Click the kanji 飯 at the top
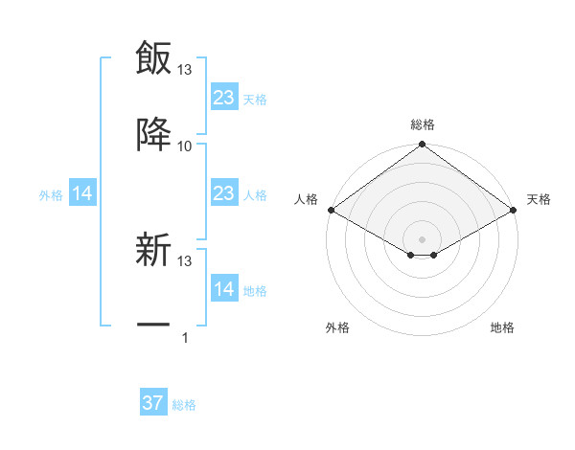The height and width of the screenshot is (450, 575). pyautogui.click(x=153, y=57)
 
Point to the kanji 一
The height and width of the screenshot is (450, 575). pyautogui.click(x=153, y=326)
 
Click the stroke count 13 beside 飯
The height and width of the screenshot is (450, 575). pyautogui.click(x=185, y=69)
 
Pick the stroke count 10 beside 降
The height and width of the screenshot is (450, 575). pyautogui.click(x=185, y=146)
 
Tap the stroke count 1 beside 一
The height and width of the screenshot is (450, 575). pyautogui.click(x=185, y=337)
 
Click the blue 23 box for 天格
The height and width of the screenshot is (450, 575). pyautogui.click(x=223, y=98)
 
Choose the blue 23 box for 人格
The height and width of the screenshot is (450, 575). pyautogui.click(x=223, y=193)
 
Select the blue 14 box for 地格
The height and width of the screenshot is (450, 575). pyautogui.click(x=223, y=289)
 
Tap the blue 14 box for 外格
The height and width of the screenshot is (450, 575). pyautogui.click(x=82, y=194)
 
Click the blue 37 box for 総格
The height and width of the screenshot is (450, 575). pyautogui.click(x=153, y=403)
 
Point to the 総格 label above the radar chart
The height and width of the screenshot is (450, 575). pyautogui.click(x=422, y=124)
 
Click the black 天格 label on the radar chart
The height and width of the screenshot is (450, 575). pyautogui.click(x=539, y=199)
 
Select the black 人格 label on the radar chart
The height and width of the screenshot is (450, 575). pyautogui.click(x=306, y=199)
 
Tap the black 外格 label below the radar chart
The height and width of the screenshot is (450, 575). pyautogui.click(x=337, y=327)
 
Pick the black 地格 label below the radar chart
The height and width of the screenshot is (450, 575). pyautogui.click(x=502, y=327)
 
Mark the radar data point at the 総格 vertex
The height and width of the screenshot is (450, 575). pyautogui.click(x=422, y=146)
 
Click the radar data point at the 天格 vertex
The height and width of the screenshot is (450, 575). pyautogui.click(x=514, y=210)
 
